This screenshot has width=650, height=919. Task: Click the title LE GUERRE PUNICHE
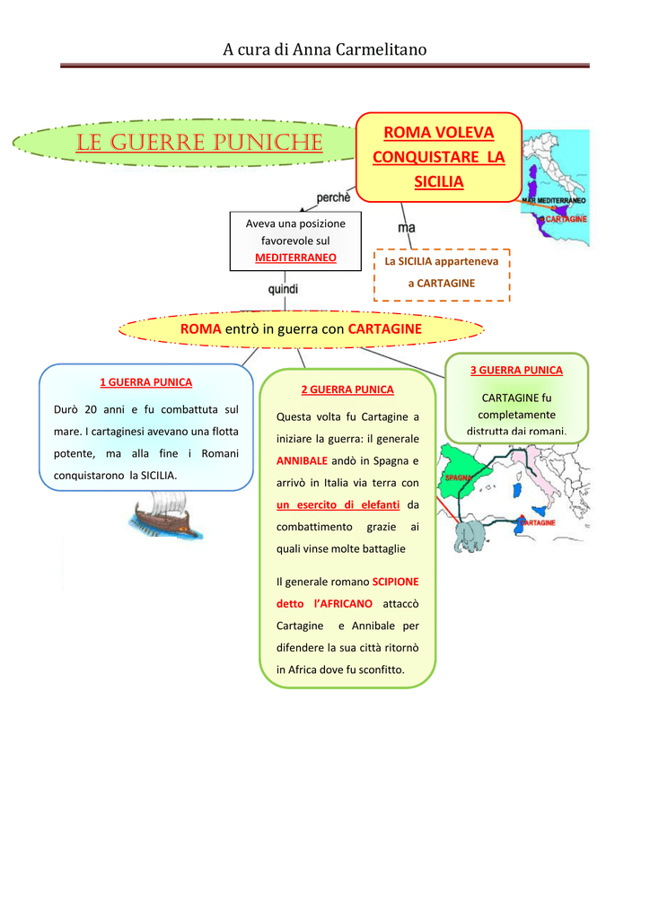click(x=199, y=143)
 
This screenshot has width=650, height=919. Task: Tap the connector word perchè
click(x=333, y=197)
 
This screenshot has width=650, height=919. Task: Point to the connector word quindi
click(x=283, y=289)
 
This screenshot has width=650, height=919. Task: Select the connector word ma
click(x=407, y=228)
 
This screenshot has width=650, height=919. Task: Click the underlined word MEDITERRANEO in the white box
click(x=295, y=258)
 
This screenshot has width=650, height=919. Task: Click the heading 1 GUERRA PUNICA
click(x=145, y=382)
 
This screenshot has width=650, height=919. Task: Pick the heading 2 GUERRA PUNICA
click(x=347, y=389)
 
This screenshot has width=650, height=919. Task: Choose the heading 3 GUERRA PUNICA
click(x=516, y=370)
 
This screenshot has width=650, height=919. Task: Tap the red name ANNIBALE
click(x=302, y=461)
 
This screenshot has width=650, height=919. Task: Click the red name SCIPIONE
click(x=395, y=582)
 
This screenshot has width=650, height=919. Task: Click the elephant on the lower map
click(x=471, y=538)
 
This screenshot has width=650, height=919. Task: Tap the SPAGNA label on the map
click(x=459, y=478)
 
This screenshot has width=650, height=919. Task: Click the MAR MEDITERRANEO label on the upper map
click(x=554, y=200)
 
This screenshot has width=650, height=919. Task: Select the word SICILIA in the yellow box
click(x=438, y=182)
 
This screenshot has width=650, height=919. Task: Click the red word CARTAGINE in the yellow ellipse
click(x=384, y=329)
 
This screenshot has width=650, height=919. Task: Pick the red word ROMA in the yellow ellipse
click(x=200, y=329)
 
